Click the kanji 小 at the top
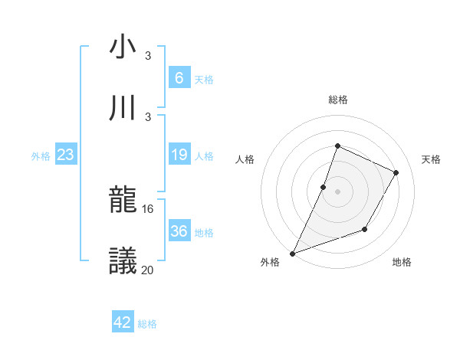(x=123, y=47)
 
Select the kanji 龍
(x=123, y=200)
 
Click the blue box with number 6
(x=179, y=77)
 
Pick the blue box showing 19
(x=179, y=155)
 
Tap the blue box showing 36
(x=179, y=231)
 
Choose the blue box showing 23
(x=65, y=155)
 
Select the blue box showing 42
(x=123, y=322)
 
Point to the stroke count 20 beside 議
(x=148, y=269)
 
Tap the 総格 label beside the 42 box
(x=147, y=324)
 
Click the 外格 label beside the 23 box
(x=41, y=156)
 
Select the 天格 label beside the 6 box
(x=204, y=79)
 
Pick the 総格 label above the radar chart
(x=337, y=100)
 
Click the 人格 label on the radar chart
(x=245, y=159)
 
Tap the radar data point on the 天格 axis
(x=396, y=172)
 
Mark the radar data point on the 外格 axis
(x=292, y=254)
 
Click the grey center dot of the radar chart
(x=337, y=191)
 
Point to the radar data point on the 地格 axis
(x=365, y=229)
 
